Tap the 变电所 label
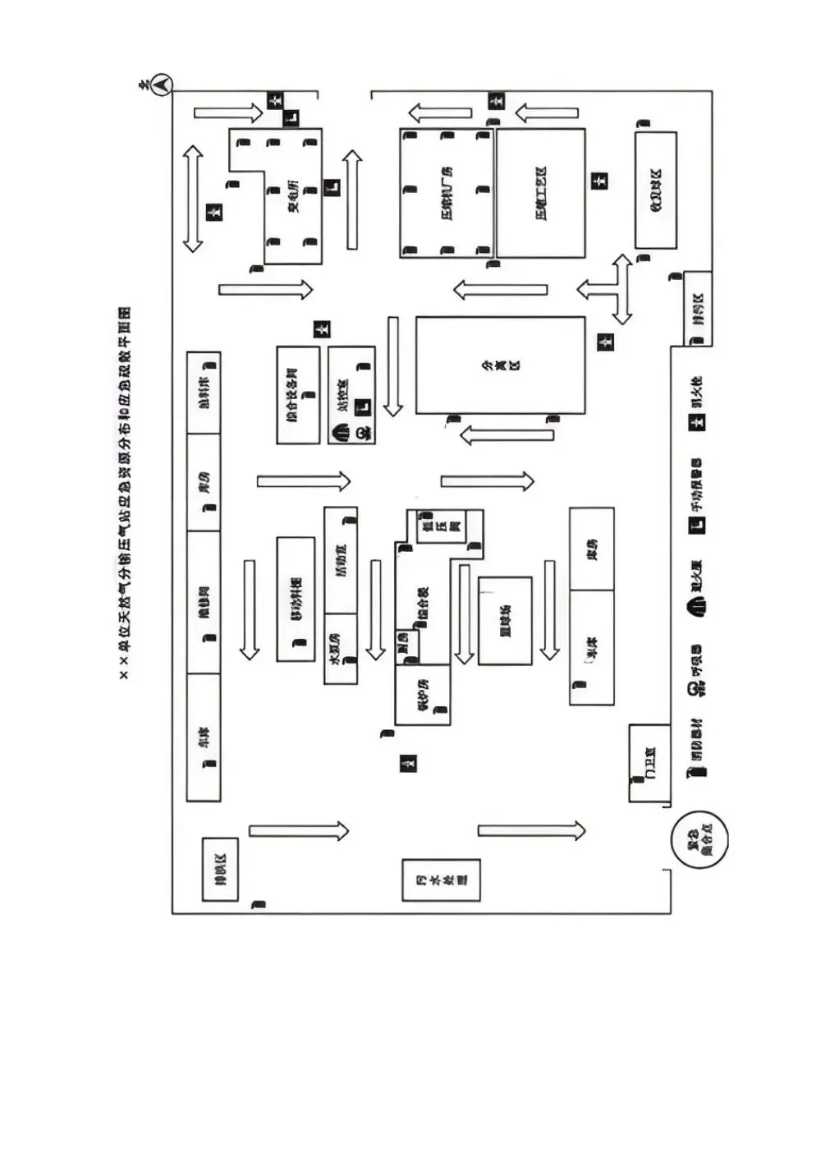[292, 196]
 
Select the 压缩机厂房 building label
[446, 192]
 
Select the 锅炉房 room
[423, 695]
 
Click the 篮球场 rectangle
[505, 620]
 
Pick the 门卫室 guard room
[649, 763]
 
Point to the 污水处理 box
[441, 880]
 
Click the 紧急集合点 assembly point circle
[699, 842]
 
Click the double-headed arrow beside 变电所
[192, 198]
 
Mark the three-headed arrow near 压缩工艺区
[612, 289]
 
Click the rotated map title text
[126, 493]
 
